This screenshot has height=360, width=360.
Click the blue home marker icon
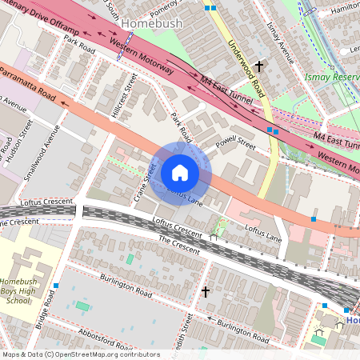click(180, 173)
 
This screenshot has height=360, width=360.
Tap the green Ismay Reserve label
click(330, 79)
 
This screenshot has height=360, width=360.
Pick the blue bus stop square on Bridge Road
click(56, 286)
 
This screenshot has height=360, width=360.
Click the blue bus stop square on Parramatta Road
click(314, 218)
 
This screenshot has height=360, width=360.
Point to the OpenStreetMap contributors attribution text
click(80, 354)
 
